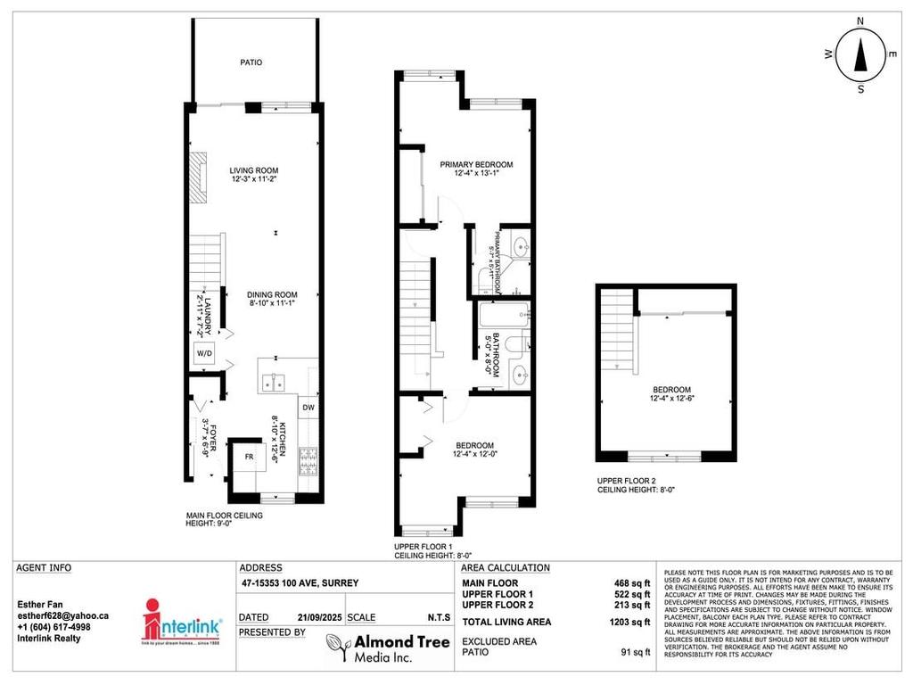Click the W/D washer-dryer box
click(204, 352)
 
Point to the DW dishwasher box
click(308, 408)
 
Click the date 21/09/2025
click(318, 616)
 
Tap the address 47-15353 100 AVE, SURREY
click(299, 583)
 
